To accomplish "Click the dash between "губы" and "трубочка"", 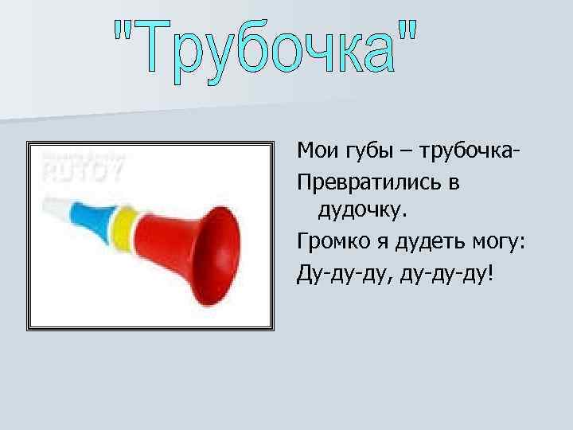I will click(x=407, y=151).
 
